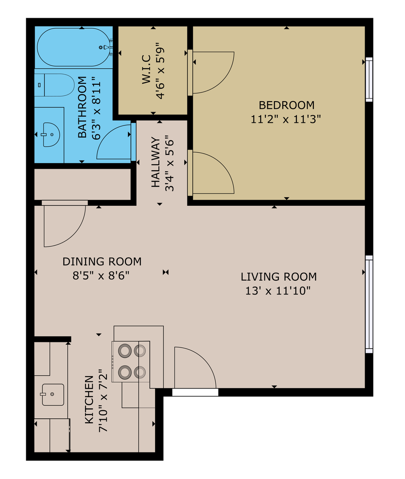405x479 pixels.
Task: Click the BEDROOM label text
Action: [286, 105]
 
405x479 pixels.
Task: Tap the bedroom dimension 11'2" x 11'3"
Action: [286, 119]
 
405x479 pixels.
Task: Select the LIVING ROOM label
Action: [279, 277]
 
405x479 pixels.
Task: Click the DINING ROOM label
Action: [102, 261]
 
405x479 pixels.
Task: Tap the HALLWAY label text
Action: [156, 162]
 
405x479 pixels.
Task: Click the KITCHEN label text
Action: [89, 399]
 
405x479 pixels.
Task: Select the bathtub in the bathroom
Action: [73, 47]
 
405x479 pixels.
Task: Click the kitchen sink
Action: [52, 394]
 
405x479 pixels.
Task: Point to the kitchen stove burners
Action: [131, 361]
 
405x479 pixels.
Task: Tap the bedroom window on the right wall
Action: [369, 79]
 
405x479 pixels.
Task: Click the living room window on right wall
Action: [369, 304]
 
